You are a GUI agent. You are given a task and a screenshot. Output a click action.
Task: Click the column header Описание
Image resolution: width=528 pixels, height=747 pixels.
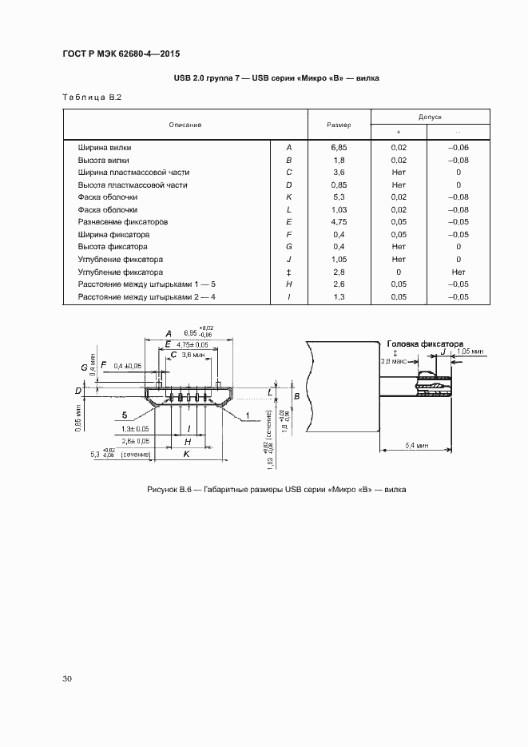[x=185, y=125]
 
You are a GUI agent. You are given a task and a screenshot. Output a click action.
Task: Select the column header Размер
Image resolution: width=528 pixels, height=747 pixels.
[x=339, y=125]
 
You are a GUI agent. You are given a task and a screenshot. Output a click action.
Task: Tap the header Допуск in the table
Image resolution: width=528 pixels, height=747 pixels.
[x=429, y=117]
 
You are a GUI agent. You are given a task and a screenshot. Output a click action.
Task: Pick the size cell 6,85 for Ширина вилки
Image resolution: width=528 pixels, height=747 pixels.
[x=339, y=148]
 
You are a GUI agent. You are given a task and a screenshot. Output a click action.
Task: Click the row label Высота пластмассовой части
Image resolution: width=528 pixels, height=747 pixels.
[x=133, y=185]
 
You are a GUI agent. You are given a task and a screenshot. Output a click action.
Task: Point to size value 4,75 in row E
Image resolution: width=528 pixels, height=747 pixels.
[x=339, y=222]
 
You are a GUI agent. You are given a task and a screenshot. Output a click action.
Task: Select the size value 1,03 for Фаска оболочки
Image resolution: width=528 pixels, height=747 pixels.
[x=339, y=210]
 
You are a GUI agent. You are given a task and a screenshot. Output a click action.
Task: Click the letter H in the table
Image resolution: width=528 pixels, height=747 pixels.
[x=288, y=284]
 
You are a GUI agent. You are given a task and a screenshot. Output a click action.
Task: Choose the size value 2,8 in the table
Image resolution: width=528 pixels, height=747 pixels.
[x=339, y=272]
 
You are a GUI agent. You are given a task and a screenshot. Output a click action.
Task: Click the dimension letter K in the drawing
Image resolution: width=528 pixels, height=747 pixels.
[x=186, y=453]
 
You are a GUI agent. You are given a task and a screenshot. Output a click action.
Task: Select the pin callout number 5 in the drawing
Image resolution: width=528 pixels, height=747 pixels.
[x=125, y=415]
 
